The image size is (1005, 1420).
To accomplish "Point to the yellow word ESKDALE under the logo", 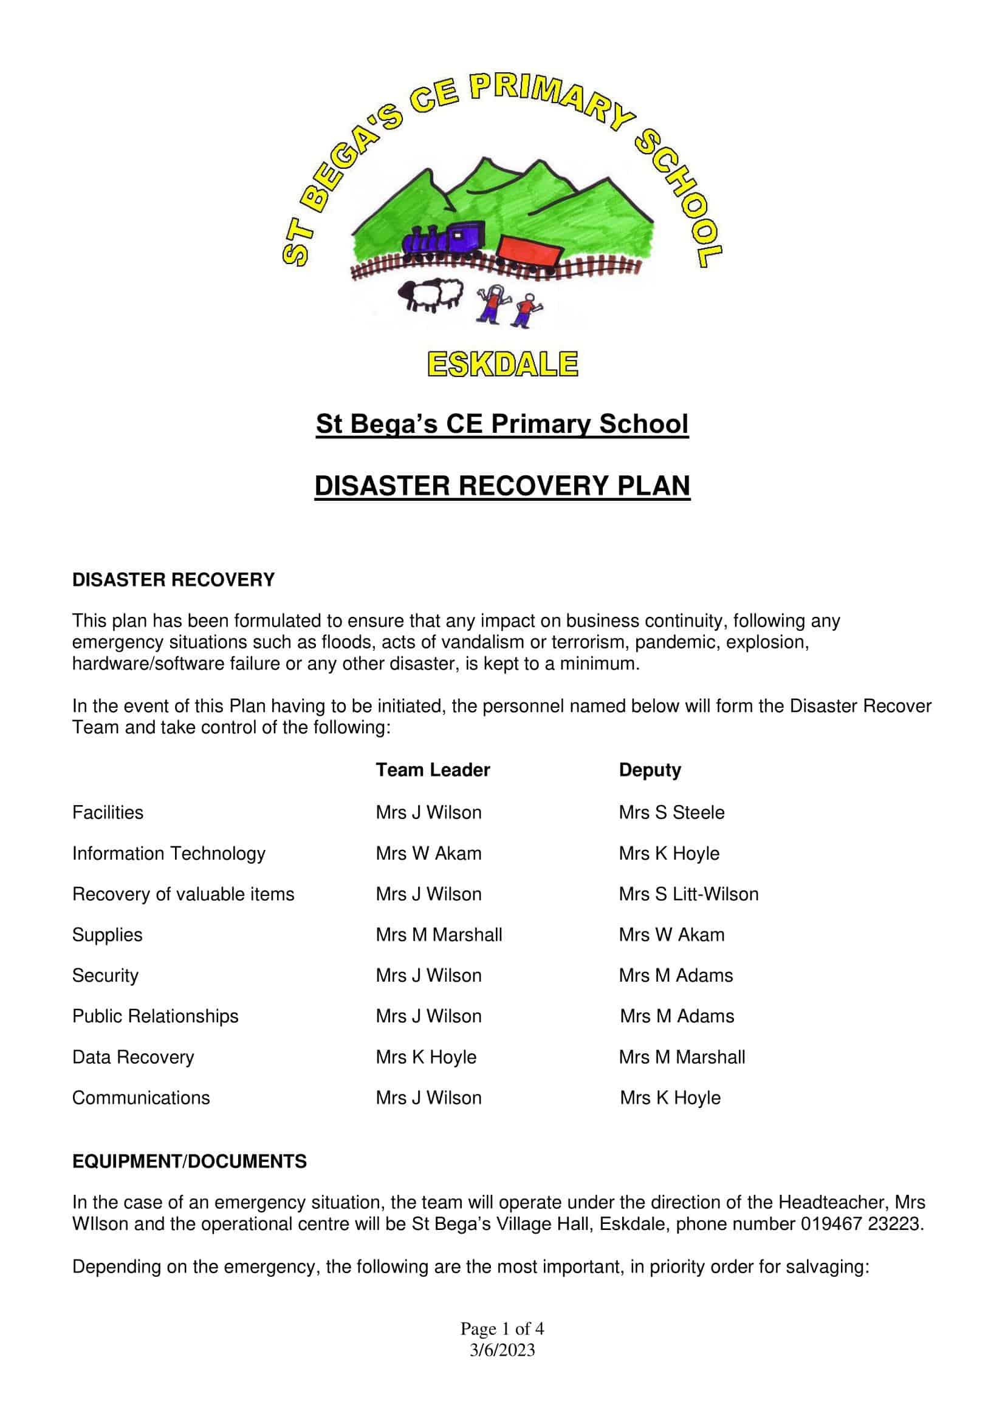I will (x=502, y=364).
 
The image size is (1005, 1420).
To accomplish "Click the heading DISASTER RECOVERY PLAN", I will (x=502, y=486).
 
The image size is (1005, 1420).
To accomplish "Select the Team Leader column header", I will (x=433, y=770).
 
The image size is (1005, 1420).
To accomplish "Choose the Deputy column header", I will (x=650, y=770).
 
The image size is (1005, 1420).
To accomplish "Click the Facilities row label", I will (x=108, y=812).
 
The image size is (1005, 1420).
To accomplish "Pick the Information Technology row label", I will (x=168, y=853).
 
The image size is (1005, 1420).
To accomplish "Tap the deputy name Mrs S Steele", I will (x=671, y=812).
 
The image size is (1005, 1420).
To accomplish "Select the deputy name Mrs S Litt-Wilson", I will (x=688, y=894).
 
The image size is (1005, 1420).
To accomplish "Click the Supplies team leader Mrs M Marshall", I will (x=439, y=934).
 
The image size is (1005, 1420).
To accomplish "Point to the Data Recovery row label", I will (x=133, y=1057).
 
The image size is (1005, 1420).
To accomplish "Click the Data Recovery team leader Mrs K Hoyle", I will (x=426, y=1057).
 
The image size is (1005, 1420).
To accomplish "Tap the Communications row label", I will (x=141, y=1098).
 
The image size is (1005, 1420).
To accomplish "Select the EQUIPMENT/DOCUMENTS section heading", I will (x=190, y=1161).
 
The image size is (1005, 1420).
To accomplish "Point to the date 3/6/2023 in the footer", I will (x=502, y=1350).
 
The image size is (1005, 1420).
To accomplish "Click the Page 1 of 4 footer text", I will (x=502, y=1328).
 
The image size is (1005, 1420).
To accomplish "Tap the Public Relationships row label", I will (x=156, y=1016).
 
